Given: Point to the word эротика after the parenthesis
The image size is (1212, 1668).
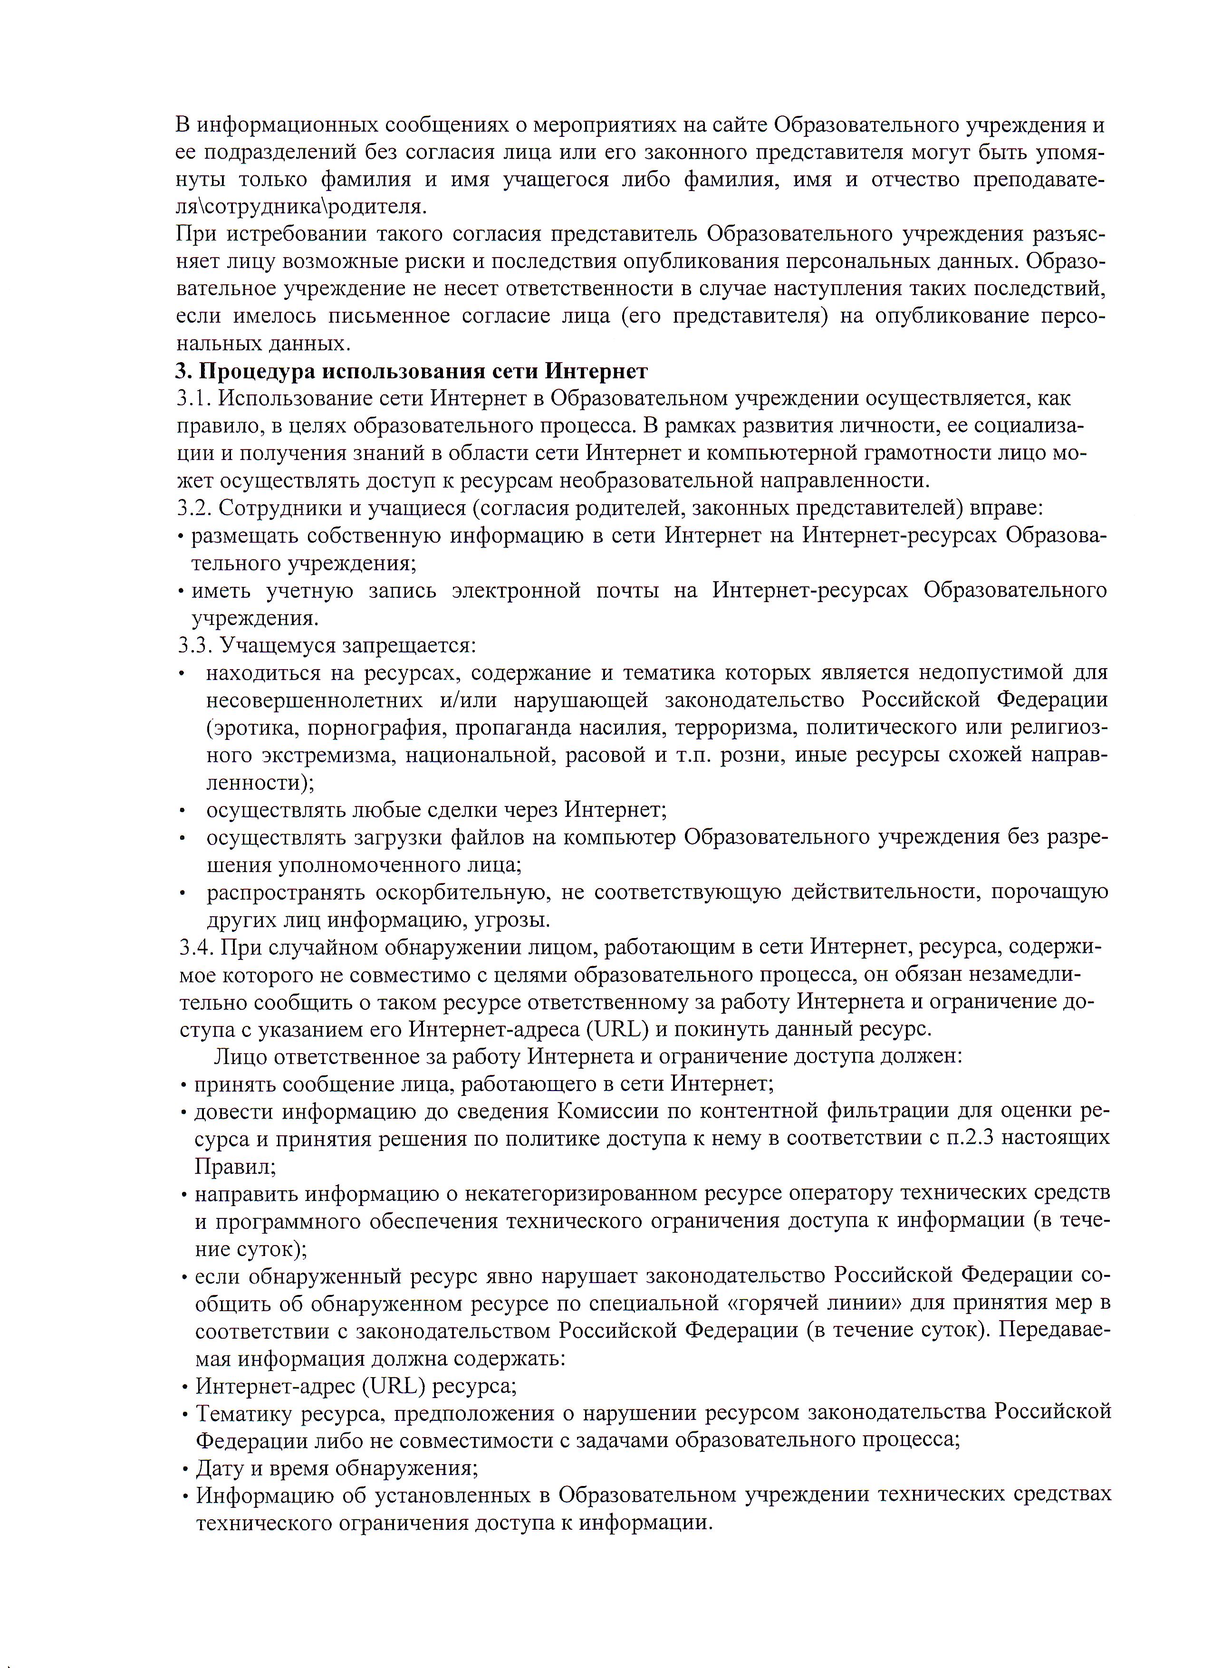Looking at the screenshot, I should coord(253,728).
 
